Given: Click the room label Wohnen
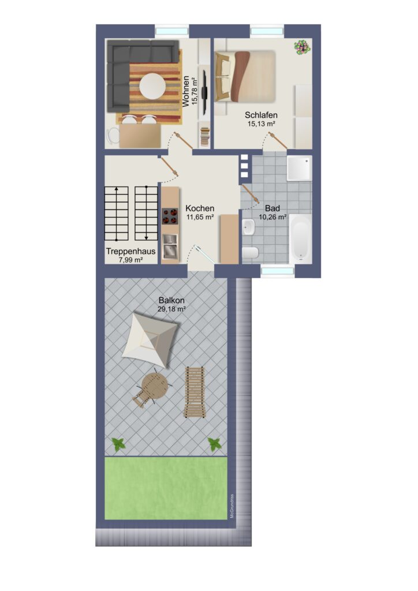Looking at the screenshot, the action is point(186,91).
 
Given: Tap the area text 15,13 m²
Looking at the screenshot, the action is point(261,124).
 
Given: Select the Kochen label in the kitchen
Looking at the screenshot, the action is point(200,208).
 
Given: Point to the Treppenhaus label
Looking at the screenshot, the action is point(131,251).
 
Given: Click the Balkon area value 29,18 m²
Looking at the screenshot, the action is point(171,309).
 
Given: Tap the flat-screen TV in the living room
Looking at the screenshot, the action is point(204,92).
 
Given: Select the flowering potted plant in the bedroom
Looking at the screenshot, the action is point(302,47).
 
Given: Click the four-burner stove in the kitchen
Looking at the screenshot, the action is point(170,216).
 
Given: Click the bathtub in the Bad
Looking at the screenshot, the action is point(301,239).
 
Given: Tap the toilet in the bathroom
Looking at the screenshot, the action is point(250,252).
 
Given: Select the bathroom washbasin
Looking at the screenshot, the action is point(248,227).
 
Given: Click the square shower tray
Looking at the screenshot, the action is point(299,169).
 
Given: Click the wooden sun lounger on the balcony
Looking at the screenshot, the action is point(195,392).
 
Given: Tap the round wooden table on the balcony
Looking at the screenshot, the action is point(155,386).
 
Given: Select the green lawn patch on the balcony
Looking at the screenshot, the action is point(166,488).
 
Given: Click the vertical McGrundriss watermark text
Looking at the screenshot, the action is point(232,506).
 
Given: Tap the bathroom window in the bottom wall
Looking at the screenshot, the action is point(278,271).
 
